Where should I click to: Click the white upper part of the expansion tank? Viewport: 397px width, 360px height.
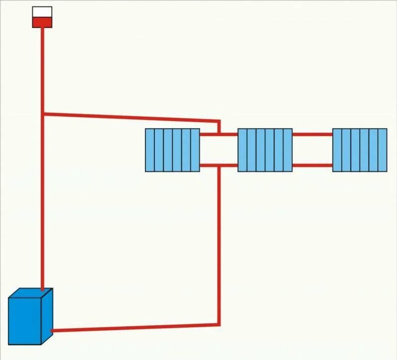click(42, 11)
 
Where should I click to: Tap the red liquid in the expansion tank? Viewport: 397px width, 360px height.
click(42, 22)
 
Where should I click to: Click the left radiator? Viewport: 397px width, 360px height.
click(172, 150)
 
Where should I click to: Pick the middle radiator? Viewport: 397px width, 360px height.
click(265, 150)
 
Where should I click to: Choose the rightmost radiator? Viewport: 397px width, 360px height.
click(359, 150)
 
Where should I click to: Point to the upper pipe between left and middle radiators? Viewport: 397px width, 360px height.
click(219, 134)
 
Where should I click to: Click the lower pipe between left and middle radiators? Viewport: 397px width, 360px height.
click(219, 165)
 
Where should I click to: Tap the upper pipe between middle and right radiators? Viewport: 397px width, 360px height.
click(312, 134)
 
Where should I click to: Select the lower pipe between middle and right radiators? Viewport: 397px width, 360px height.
click(312, 165)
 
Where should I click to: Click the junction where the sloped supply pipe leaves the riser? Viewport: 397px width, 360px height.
click(43, 114)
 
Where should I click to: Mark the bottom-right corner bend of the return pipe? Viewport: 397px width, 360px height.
click(218, 324)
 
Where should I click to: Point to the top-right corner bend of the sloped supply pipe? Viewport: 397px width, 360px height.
click(219, 121)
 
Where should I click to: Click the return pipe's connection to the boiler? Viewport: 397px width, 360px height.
click(53, 330)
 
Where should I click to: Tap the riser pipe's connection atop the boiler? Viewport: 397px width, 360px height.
click(43, 289)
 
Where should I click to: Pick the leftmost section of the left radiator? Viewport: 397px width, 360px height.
click(150, 150)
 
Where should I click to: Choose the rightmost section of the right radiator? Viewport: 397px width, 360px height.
click(382, 150)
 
